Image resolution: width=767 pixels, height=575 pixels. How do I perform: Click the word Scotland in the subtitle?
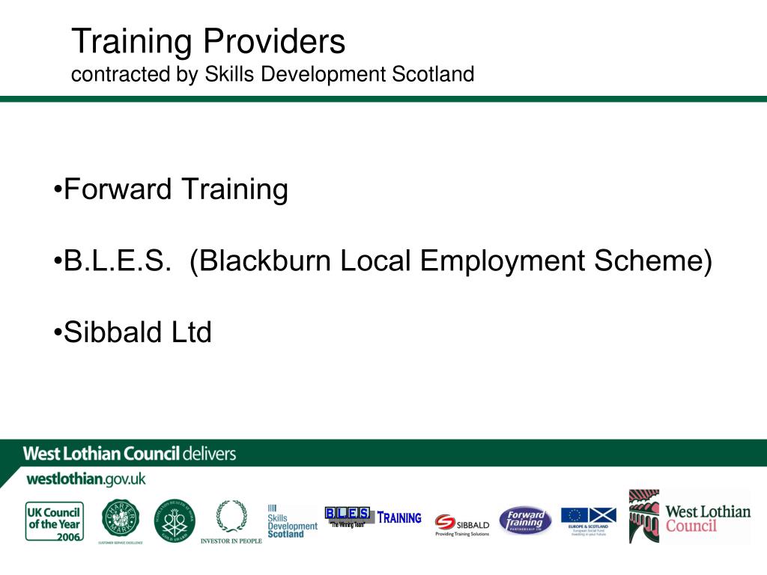coord(434,75)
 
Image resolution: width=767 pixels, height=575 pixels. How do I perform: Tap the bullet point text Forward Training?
coord(175,189)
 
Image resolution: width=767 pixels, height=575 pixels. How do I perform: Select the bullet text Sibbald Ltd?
coord(138,332)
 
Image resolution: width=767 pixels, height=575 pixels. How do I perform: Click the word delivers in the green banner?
coord(209,453)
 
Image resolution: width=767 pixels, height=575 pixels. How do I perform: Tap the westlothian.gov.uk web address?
coord(86,478)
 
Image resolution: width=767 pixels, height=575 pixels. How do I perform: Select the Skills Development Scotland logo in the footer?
coord(291,521)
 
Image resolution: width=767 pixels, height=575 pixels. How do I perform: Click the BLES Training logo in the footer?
coord(372,517)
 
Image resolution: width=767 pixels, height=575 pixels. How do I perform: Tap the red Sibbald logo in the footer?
coord(461,525)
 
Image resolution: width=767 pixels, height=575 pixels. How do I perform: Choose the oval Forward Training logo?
coord(525,520)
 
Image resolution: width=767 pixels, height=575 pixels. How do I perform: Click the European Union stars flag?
coord(575,515)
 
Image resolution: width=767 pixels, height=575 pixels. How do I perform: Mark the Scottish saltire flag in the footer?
coord(602,515)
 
